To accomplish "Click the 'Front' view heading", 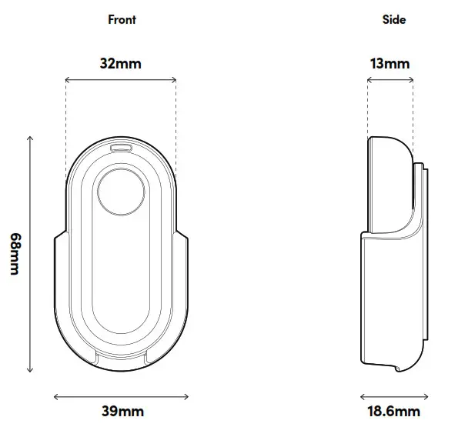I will pos(122,19).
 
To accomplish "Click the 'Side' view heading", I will pos(394,19).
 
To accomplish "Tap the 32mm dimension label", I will pos(121,63).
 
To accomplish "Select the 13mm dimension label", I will pos(389,63).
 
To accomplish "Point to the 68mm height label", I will pos(13,254).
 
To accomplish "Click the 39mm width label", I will pos(122,412).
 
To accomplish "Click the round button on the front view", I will pos(121,192).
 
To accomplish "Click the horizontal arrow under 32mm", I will pos(121,79).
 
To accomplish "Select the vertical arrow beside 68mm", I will pos(31,254).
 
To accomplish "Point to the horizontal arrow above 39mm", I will pos(121,396).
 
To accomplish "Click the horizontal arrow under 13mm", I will pos(390,79).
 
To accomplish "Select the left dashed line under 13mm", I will pos(368,108).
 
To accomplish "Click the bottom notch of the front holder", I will pos(121,355).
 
